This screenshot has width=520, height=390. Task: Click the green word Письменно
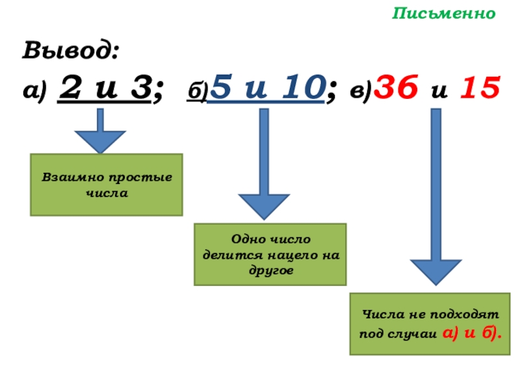444,14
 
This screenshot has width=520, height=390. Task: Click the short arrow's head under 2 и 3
99,140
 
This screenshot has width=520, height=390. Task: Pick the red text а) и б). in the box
471,333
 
